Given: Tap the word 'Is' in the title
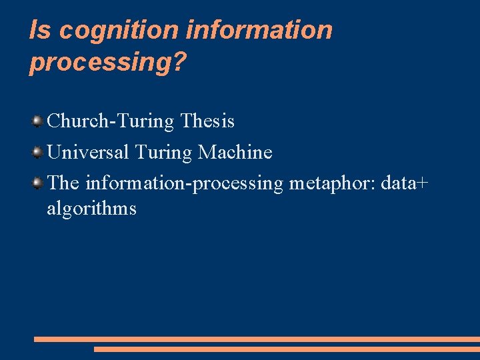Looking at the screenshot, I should tap(39, 31).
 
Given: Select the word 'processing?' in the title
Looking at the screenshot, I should tap(108, 64).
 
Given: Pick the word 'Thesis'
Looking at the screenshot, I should tap(208, 121).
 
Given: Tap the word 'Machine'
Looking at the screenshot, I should tap(235, 153).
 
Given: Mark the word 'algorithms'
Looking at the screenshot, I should tap(91, 209).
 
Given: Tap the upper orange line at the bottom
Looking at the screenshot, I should tap(257, 339).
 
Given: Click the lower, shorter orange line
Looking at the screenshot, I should tap(287, 349).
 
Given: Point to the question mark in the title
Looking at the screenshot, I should tap(181, 63).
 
